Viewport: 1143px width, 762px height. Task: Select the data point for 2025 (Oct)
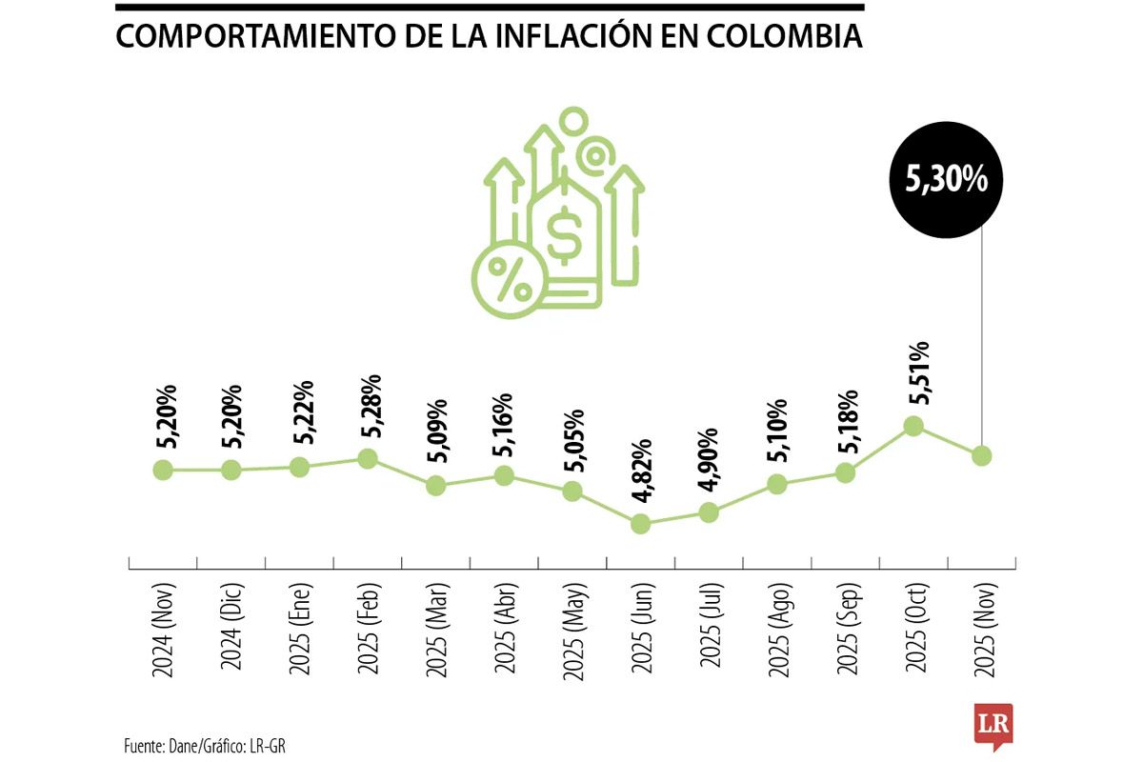913,425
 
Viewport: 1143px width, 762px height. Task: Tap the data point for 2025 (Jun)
641,523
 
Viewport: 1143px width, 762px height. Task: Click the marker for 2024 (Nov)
163,470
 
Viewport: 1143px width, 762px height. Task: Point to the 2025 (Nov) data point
982,455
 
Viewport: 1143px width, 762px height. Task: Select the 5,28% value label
372,409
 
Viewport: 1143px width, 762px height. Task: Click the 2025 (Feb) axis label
369,628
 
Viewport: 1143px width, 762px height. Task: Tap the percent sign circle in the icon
509,276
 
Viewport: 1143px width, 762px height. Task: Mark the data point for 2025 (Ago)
777,484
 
